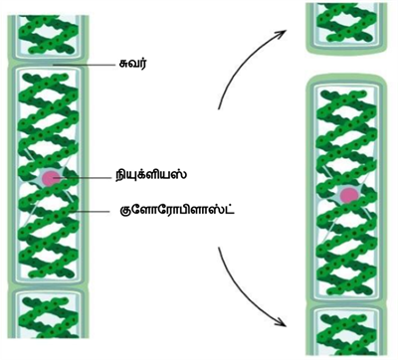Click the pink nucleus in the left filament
(x=49, y=179)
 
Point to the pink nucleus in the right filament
(x=348, y=195)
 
